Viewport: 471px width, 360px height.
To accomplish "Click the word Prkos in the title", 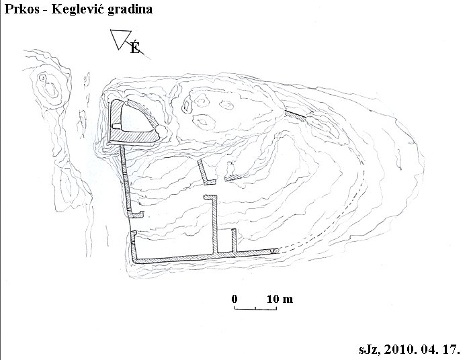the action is (x=22, y=9).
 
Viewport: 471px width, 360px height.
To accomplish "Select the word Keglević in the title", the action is (x=77, y=9).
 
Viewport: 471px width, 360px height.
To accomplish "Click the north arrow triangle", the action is (x=120, y=39).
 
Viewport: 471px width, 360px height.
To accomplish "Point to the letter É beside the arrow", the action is (x=135, y=48).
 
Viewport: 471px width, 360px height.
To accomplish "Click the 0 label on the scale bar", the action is (x=234, y=299).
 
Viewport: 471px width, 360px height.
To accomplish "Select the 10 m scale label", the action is (x=280, y=299).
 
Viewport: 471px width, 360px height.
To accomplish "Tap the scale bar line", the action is (x=255, y=308).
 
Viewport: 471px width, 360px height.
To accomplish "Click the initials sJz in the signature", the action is (x=370, y=349).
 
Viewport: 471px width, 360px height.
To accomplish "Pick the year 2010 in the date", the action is (x=397, y=349).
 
